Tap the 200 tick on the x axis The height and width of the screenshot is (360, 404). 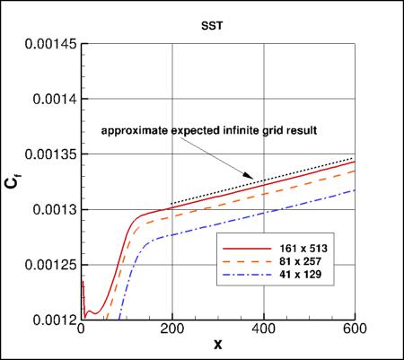(x=171, y=329)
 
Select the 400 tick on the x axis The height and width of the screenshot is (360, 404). (x=264, y=329)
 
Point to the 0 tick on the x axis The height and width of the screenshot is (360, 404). (x=82, y=329)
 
